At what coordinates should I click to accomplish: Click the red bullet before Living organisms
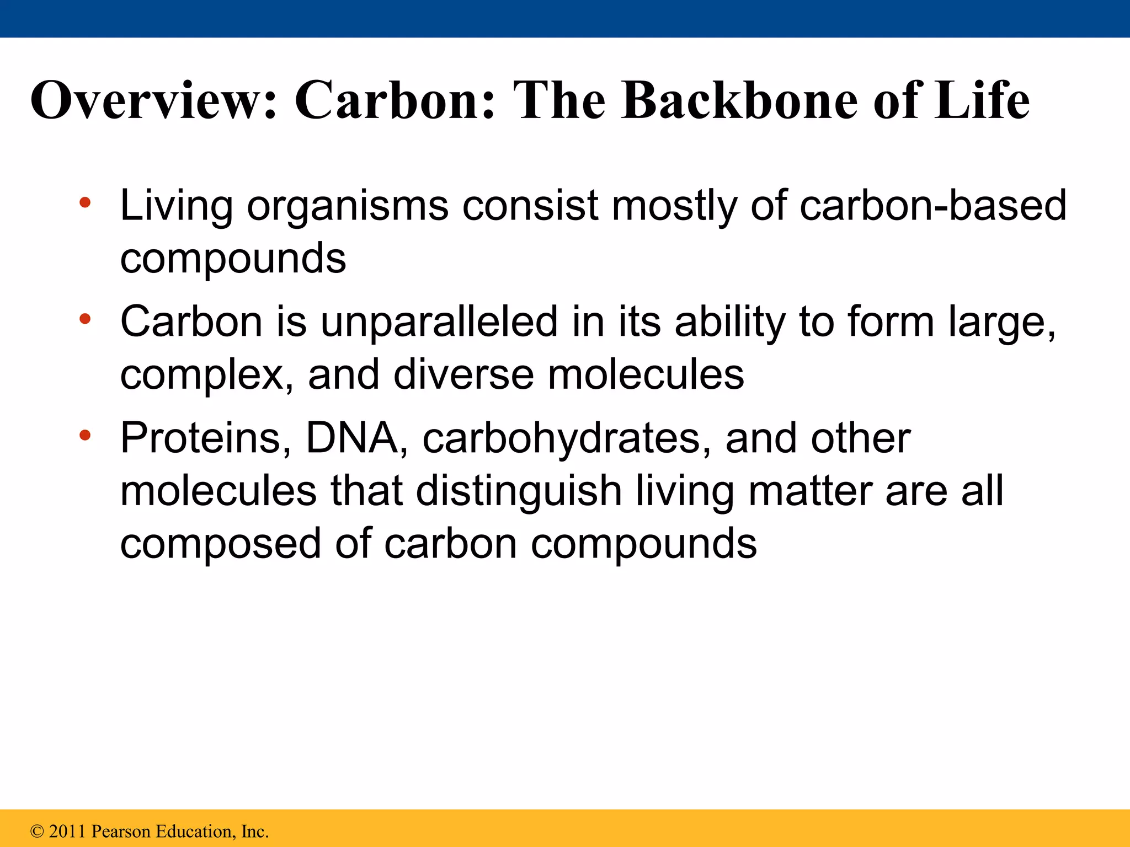tap(84, 202)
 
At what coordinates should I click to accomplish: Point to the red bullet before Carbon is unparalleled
tap(84, 319)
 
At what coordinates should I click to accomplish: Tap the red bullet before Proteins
tap(84, 436)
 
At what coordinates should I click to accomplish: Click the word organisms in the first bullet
tap(348, 207)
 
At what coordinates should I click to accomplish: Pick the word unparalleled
tap(439, 323)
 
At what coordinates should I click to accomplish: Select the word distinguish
tap(519, 492)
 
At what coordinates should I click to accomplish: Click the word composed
tap(220, 545)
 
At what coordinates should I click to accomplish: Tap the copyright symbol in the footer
tap(37, 831)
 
